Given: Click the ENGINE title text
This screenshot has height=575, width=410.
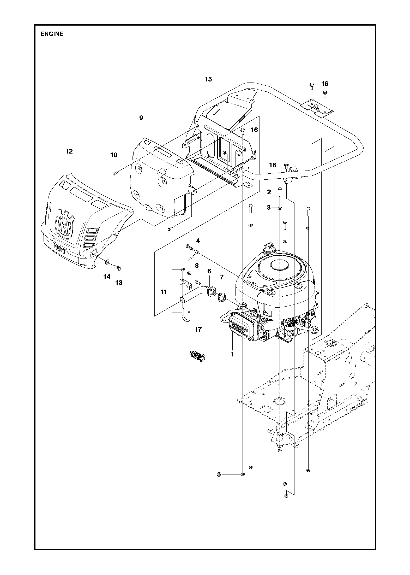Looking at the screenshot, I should [x=52, y=34].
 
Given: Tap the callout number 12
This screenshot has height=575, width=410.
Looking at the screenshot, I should [x=69, y=151].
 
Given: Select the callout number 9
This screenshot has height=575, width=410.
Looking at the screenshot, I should [x=141, y=118].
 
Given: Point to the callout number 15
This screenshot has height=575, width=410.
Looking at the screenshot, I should [x=208, y=79].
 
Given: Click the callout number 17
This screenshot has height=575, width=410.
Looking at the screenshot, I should [x=198, y=330].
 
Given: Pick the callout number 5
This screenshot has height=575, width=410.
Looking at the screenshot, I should [x=219, y=474].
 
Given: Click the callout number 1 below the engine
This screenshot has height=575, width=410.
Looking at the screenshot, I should [x=232, y=354].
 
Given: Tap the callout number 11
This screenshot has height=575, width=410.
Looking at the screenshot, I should [x=164, y=292].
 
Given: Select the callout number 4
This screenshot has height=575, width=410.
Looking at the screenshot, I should [x=198, y=241].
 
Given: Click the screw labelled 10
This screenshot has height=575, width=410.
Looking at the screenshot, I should [x=115, y=173].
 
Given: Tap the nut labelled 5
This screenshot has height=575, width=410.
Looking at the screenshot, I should [x=243, y=474].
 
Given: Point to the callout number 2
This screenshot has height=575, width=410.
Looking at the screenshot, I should [x=269, y=192].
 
